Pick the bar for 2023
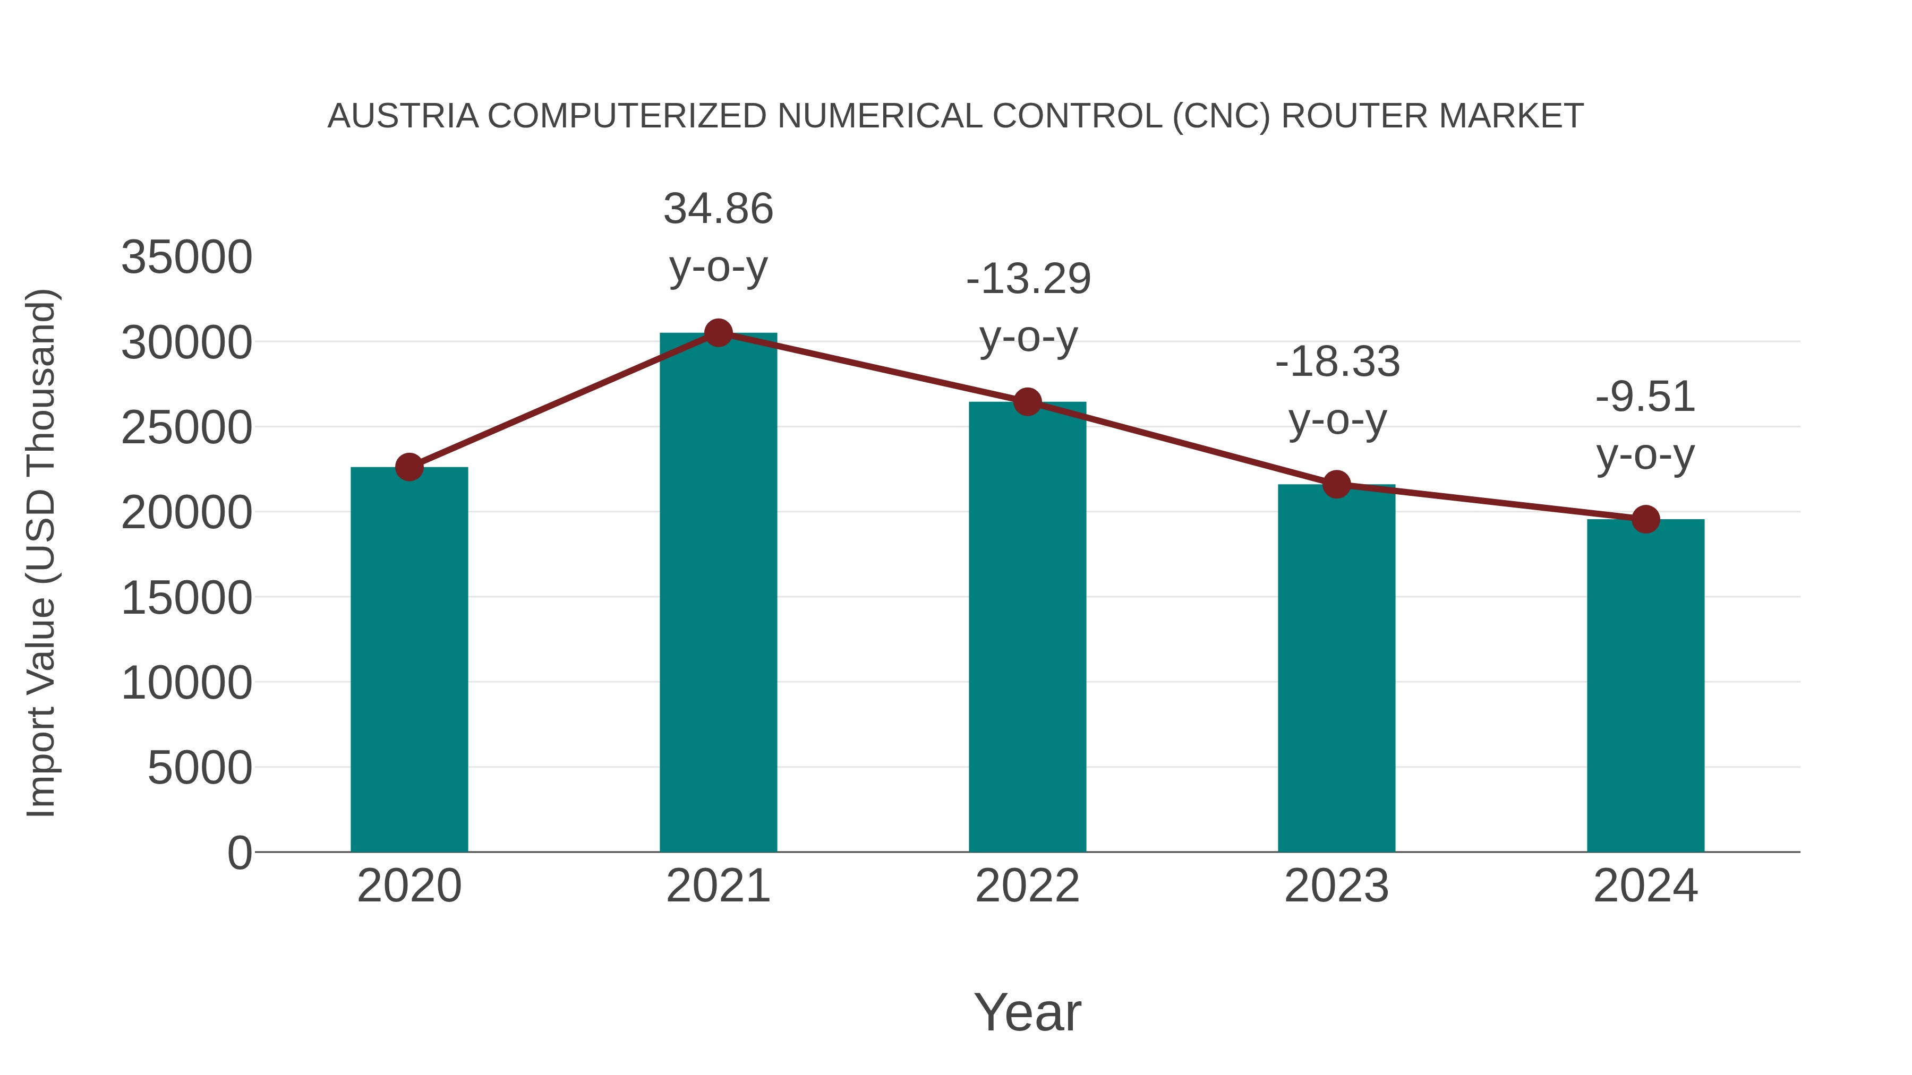point(1336,668)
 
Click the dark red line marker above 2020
point(409,467)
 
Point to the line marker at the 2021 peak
point(718,333)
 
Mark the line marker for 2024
point(1645,519)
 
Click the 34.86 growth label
point(718,209)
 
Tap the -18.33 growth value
point(1337,362)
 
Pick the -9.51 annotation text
point(1645,397)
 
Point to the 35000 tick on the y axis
point(186,257)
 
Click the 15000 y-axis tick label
point(186,598)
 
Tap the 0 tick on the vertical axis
point(240,853)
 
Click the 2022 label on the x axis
point(1027,886)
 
